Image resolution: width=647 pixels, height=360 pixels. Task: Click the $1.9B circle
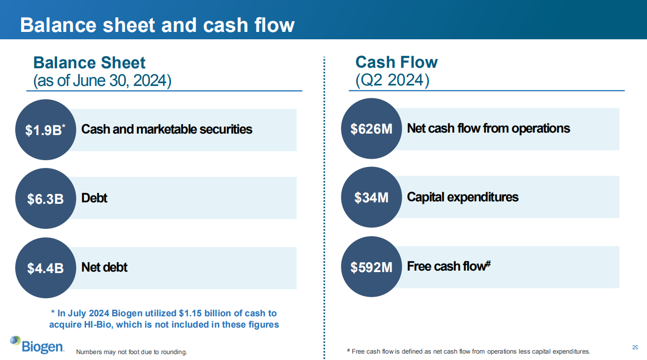(46, 130)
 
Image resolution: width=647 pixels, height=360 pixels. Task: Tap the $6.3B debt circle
(46, 198)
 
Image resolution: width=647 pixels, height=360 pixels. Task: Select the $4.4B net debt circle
(46, 268)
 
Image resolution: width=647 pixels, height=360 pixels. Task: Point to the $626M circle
(371, 129)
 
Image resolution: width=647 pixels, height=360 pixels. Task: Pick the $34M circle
(371, 197)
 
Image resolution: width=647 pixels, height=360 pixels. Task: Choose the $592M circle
(371, 267)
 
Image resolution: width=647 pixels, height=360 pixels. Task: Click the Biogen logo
(37, 345)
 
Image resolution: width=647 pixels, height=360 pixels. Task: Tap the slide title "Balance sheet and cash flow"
(157, 25)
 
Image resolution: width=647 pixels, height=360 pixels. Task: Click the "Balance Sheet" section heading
(89, 63)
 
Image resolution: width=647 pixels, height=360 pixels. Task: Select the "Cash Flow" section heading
(396, 62)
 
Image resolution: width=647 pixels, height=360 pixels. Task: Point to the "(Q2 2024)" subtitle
(392, 80)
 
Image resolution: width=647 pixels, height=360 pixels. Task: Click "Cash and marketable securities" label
(167, 129)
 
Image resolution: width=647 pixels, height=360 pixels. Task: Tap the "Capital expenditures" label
(463, 197)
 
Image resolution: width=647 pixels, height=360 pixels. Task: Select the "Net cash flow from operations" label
(488, 129)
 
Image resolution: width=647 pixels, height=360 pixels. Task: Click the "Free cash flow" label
(449, 266)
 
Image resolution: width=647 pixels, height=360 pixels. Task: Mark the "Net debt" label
(104, 267)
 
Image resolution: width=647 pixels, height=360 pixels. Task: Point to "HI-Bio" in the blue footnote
(98, 325)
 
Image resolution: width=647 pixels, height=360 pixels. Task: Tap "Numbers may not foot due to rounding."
(132, 352)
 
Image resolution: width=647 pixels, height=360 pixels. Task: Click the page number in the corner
(635, 347)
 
